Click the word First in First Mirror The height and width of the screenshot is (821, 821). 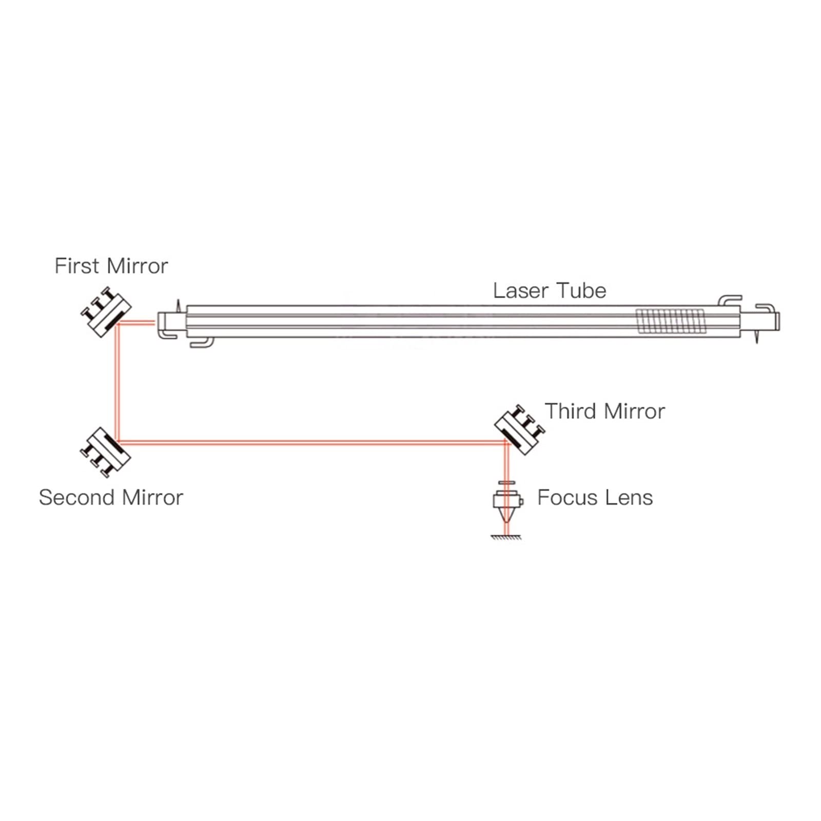[x=76, y=266]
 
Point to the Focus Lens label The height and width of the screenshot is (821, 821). [x=595, y=498]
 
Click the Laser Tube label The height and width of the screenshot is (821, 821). [x=550, y=291]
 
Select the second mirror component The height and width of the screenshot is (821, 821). [x=105, y=453]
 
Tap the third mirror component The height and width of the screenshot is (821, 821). [x=519, y=430]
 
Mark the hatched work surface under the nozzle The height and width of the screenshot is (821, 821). [x=506, y=537]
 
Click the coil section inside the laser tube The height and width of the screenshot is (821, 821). [x=670, y=321]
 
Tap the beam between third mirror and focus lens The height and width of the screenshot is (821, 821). [x=506, y=464]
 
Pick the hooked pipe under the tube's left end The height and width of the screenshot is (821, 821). [x=201, y=343]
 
